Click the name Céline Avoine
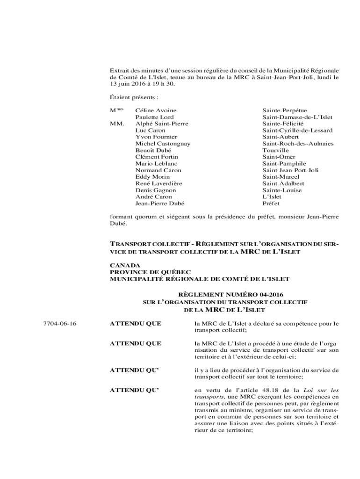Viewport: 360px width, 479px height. pyautogui.click(x=156, y=110)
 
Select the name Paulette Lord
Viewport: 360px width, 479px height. pyautogui.click(x=154, y=117)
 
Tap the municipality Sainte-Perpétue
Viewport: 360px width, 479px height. pyautogui.click(x=284, y=110)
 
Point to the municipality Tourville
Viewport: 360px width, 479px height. pyautogui.click(x=275, y=151)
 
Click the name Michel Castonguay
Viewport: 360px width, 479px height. pyautogui.click(x=163, y=144)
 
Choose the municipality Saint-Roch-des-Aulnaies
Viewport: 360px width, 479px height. pyautogui.click(x=298, y=144)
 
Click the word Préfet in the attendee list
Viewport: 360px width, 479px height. pyautogui.click(x=271, y=204)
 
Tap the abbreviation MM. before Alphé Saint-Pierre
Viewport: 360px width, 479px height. pyautogui.click(x=117, y=124)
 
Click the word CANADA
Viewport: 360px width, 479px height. pyautogui.click(x=125, y=265)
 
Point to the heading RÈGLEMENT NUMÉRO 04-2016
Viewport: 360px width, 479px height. pyautogui.click(x=224, y=295)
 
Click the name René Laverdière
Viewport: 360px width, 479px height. pyautogui.click(x=158, y=184)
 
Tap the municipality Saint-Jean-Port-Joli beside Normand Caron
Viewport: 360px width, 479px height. pyautogui.click(x=290, y=171)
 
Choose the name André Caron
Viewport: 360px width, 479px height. pyautogui.click(x=153, y=197)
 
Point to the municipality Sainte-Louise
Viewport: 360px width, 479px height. pyautogui.click(x=282, y=190)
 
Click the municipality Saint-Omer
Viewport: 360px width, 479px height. pyautogui.click(x=279, y=157)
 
